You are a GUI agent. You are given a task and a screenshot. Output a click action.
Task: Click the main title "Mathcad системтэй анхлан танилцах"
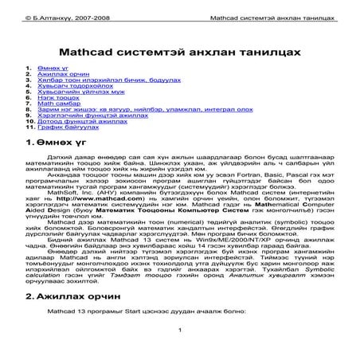pos(180,50)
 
